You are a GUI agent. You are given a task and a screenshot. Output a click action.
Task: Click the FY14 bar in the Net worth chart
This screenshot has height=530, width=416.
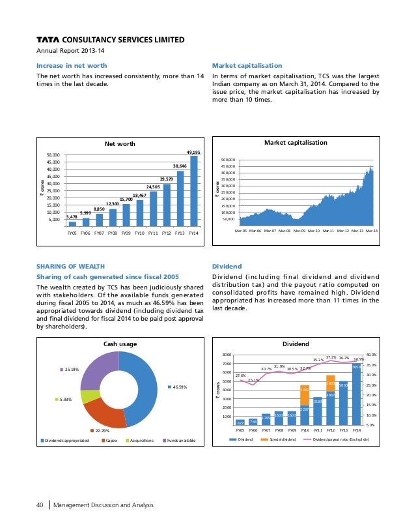(x=193, y=190)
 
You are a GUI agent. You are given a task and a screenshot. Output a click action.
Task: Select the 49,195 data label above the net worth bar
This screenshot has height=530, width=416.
(x=193, y=152)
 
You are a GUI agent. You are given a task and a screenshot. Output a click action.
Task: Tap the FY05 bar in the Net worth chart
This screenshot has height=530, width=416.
(x=72, y=223)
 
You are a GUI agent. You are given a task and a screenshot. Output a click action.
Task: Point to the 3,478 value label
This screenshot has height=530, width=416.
(x=72, y=216)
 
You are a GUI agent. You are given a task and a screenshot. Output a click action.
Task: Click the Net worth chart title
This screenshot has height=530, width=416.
(x=118, y=143)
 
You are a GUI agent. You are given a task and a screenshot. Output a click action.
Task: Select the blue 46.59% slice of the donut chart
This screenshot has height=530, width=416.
(x=143, y=385)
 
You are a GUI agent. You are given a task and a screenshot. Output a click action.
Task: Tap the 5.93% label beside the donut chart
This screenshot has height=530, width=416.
(x=65, y=400)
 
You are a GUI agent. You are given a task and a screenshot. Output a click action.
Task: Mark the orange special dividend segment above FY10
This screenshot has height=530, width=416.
(x=304, y=395)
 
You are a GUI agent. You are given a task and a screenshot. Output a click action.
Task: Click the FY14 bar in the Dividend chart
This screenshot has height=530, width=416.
(x=356, y=394)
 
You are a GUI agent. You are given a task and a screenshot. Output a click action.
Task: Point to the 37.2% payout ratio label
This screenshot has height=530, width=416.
(x=331, y=357)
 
